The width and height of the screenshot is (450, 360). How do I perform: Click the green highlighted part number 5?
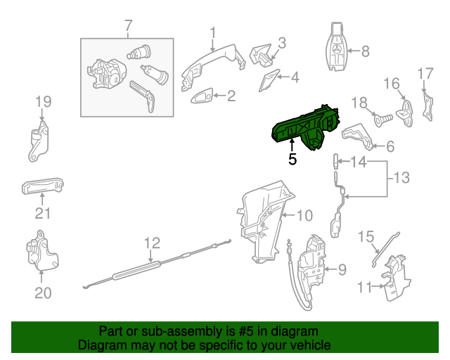(307, 127)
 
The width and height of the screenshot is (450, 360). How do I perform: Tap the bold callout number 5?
(292, 160)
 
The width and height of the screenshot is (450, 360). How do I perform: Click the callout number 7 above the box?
(128, 27)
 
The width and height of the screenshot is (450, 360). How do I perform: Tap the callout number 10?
(303, 215)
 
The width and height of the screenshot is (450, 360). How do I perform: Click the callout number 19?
(44, 101)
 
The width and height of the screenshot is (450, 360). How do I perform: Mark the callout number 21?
(43, 214)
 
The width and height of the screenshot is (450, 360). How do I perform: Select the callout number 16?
(391, 84)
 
